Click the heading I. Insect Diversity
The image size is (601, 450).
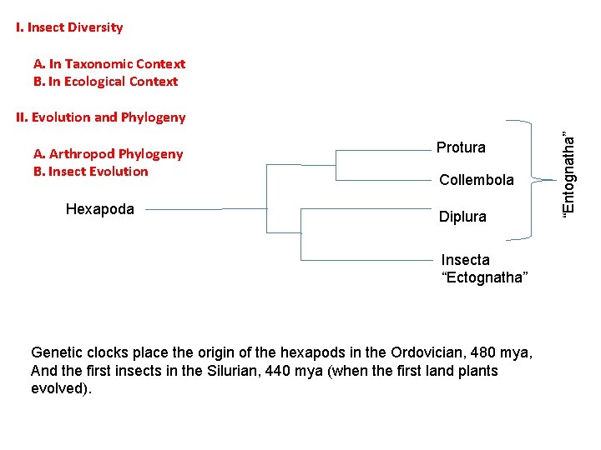pos(69,27)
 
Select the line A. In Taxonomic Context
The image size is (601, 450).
pos(109,64)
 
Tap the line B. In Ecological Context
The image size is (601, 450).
pos(105,82)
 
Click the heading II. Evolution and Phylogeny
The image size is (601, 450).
pos(100,117)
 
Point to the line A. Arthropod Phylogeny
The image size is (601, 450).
pos(108,153)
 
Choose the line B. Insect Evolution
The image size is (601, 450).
pos(90,172)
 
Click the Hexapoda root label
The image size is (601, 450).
pos(99,209)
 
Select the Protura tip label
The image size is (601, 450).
pos(461,147)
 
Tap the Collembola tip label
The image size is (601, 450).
pos(477,180)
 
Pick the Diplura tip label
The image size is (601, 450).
pos(462,217)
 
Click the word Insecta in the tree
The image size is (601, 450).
pos(466,260)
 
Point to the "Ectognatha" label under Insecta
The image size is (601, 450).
pos(484,277)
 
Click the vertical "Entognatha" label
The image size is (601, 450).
pos(568,175)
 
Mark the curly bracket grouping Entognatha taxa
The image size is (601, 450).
pos(528,175)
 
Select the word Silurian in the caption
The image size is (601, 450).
pos(230,371)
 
